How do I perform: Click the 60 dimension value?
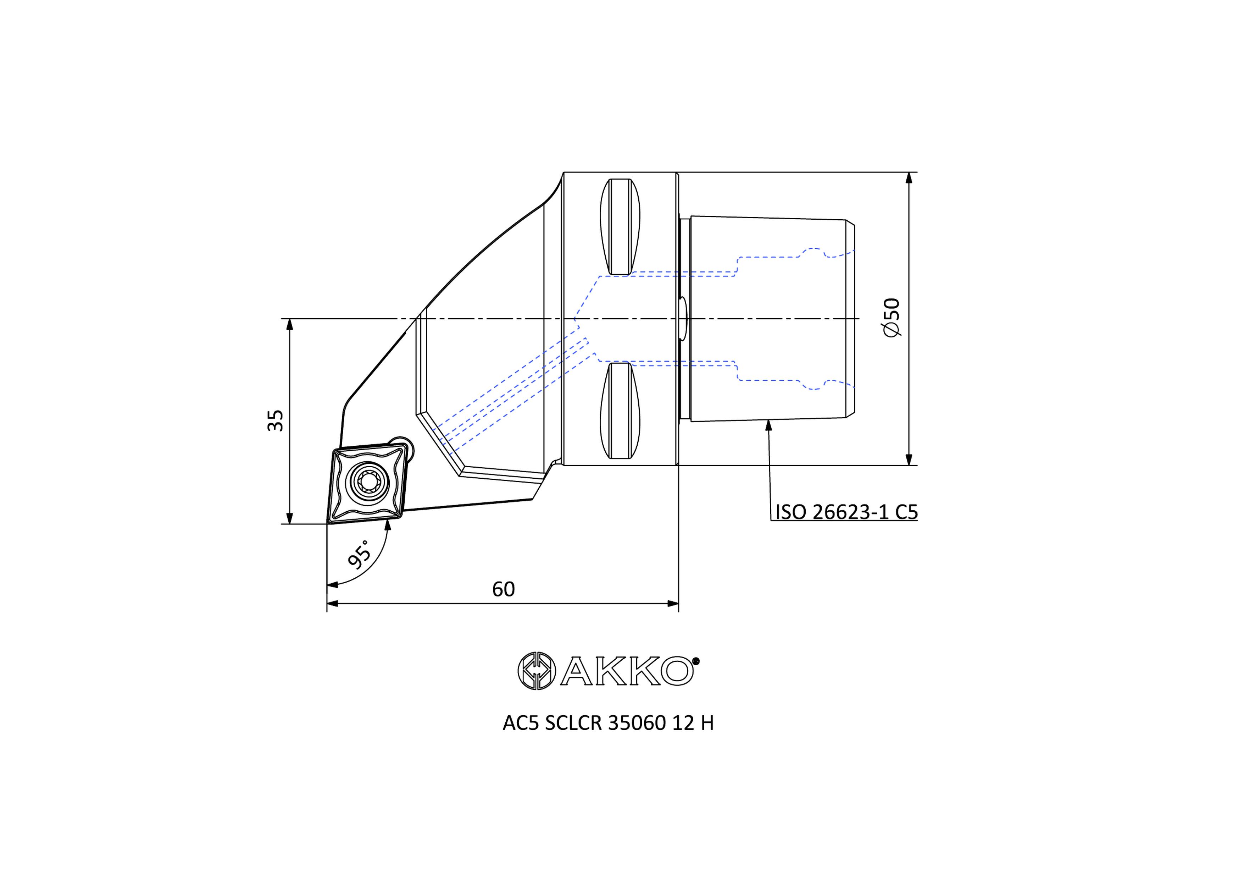(503, 589)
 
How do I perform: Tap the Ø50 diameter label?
(891, 317)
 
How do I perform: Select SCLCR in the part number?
(574, 723)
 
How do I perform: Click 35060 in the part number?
(637, 723)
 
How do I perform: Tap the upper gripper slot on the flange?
(620, 227)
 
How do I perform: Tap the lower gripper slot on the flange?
(620, 411)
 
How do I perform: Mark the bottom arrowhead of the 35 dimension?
(289, 518)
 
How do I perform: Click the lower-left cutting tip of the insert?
(328, 522)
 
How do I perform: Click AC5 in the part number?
(520, 723)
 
